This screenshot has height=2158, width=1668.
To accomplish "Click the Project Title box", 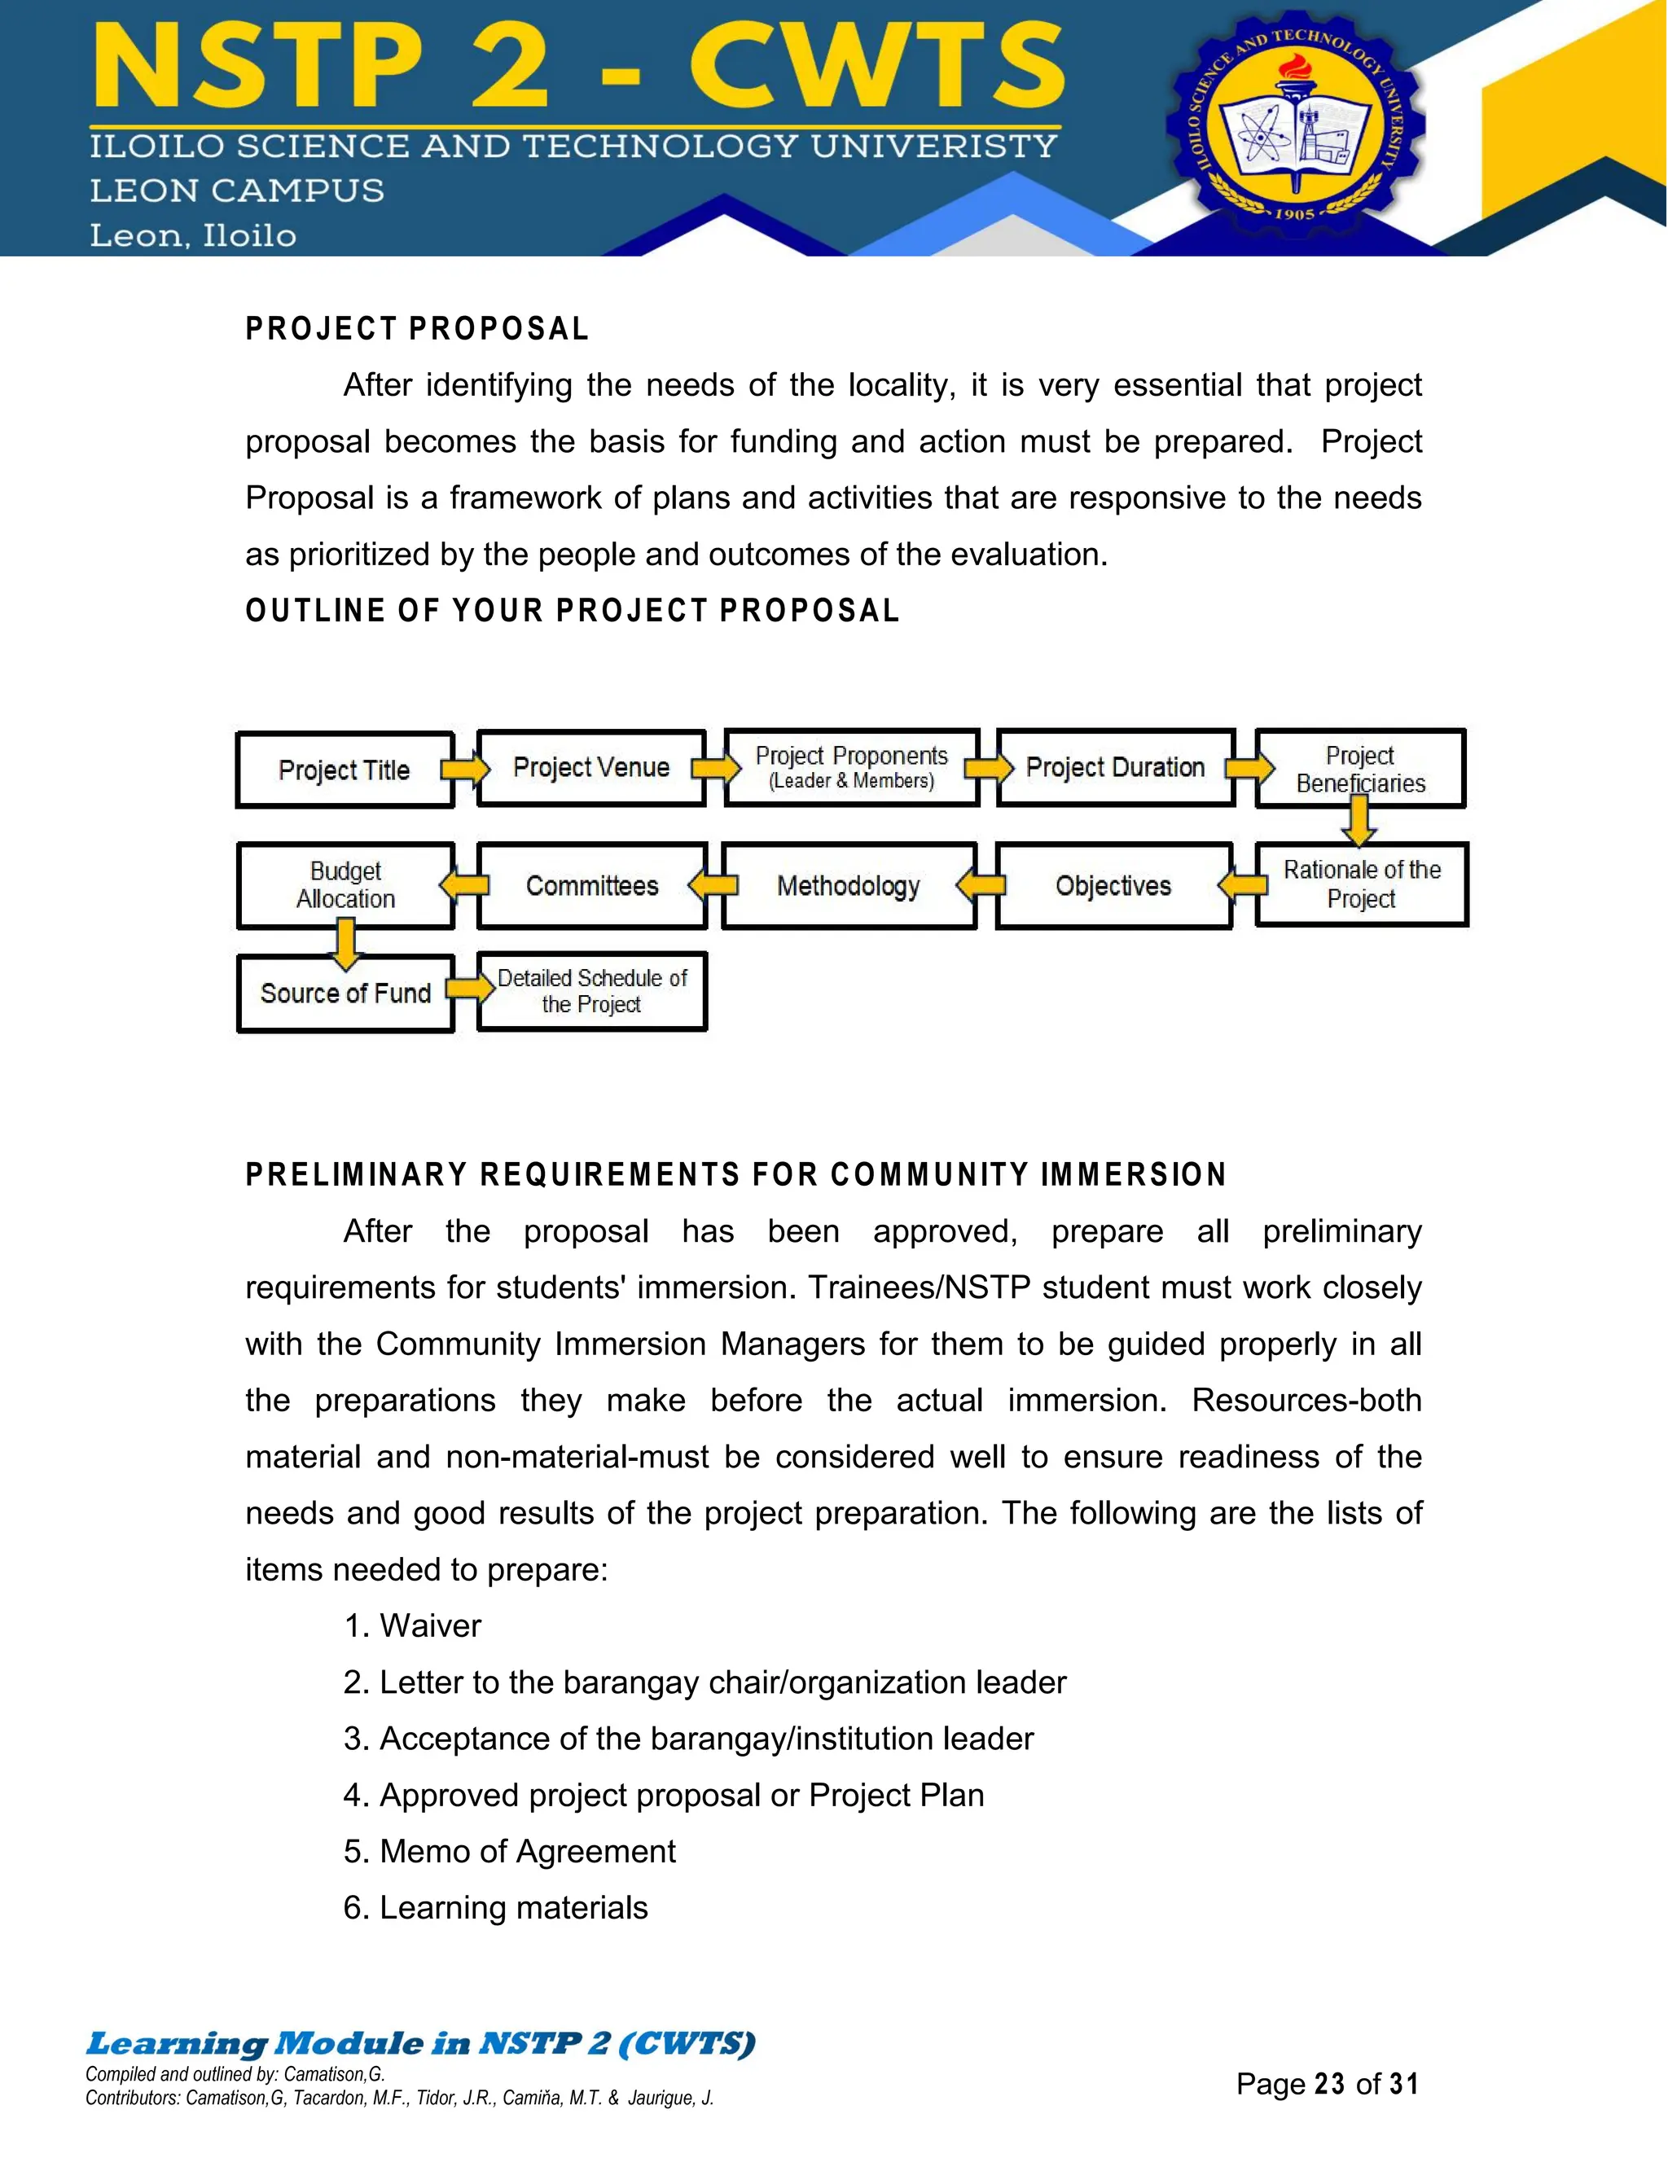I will (x=344, y=770).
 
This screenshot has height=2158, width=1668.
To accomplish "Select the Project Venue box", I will (x=591, y=768).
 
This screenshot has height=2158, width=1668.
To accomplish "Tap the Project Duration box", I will (x=1115, y=768).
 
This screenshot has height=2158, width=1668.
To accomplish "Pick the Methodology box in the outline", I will (x=848, y=885).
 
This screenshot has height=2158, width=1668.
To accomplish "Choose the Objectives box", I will (x=1113, y=885).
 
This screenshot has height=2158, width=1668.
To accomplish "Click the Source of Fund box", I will (x=345, y=993).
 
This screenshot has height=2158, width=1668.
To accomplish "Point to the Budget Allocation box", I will (x=345, y=885).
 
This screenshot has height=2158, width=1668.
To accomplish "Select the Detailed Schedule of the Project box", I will (x=591, y=991).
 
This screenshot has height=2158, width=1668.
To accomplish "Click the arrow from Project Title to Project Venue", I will (x=465, y=769).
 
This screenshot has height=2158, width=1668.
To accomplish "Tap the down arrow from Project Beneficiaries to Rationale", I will (x=1359, y=820).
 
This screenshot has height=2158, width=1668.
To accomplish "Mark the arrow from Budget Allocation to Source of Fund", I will (x=345, y=941).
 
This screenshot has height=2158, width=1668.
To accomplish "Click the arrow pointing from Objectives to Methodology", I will (x=981, y=884).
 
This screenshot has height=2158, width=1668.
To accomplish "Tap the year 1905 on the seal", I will (x=1294, y=213).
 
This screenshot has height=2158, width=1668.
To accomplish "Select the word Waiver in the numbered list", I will (x=430, y=1625).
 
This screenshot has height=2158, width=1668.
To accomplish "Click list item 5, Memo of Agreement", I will (x=509, y=1851).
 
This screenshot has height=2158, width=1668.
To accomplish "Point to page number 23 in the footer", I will (x=1329, y=2084).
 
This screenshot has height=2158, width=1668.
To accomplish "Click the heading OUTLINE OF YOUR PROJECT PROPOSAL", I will (x=572, y=611).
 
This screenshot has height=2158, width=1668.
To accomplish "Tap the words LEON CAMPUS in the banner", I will (x=237, y=191).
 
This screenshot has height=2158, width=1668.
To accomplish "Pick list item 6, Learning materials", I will (x=495, y=1907).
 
